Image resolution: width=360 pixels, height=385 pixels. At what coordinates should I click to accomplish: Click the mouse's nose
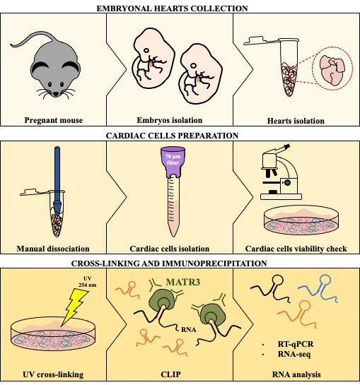point(56,93)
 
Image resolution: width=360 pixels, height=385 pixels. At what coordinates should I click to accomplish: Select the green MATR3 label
point(183,282)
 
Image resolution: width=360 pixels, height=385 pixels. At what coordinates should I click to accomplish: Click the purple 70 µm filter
point(173,162)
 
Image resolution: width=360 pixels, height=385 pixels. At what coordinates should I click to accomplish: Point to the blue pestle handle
point(57,174)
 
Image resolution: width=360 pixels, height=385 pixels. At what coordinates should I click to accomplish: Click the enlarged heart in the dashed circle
point(332,70)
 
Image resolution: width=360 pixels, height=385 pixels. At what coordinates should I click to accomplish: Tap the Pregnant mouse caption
point(53,120)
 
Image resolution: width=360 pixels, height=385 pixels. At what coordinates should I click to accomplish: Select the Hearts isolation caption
point(296,121)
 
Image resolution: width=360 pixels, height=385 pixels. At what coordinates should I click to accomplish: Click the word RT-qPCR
point(296,344)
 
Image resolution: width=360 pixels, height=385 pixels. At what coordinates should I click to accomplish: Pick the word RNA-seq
point(294,354)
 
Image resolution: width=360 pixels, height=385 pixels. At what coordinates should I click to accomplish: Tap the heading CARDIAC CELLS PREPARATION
point(172,136)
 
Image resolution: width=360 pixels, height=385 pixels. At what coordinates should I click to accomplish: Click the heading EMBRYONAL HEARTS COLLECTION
point(172,8)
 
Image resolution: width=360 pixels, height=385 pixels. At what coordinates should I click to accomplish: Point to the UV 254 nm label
point(88,282)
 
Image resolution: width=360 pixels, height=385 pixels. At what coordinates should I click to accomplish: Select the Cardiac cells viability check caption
point(296,249)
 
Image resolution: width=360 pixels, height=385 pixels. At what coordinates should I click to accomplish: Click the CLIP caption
point(170,374)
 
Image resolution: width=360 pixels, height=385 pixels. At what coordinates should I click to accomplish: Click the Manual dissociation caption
point(53,249)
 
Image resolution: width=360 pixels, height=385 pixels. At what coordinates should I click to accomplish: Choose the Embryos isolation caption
point(170,120)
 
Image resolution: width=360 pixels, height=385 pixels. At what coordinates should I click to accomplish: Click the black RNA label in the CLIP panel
point(189,329)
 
